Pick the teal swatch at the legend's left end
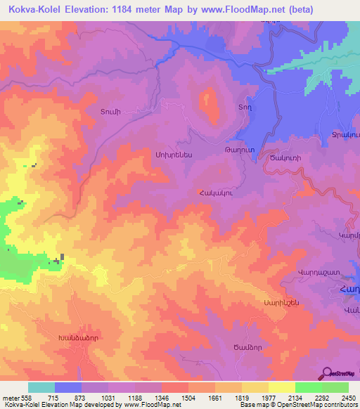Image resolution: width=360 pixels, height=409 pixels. (x=41, y=387)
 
